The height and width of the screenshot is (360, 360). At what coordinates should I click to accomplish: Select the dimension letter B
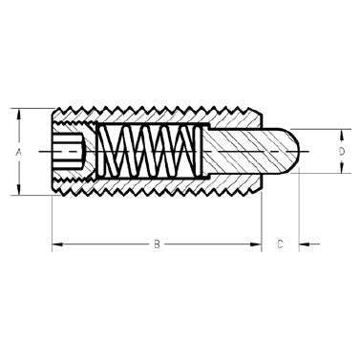157,245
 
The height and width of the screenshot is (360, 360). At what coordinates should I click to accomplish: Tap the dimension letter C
280,245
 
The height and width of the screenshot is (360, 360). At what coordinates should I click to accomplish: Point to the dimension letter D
340,151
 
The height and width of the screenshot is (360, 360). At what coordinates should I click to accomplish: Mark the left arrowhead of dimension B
55,245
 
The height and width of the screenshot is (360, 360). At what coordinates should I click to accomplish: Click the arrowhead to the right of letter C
304,245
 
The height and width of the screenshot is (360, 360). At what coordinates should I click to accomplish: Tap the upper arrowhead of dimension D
340,131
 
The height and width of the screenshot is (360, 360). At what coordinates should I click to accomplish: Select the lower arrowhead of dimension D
340,171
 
